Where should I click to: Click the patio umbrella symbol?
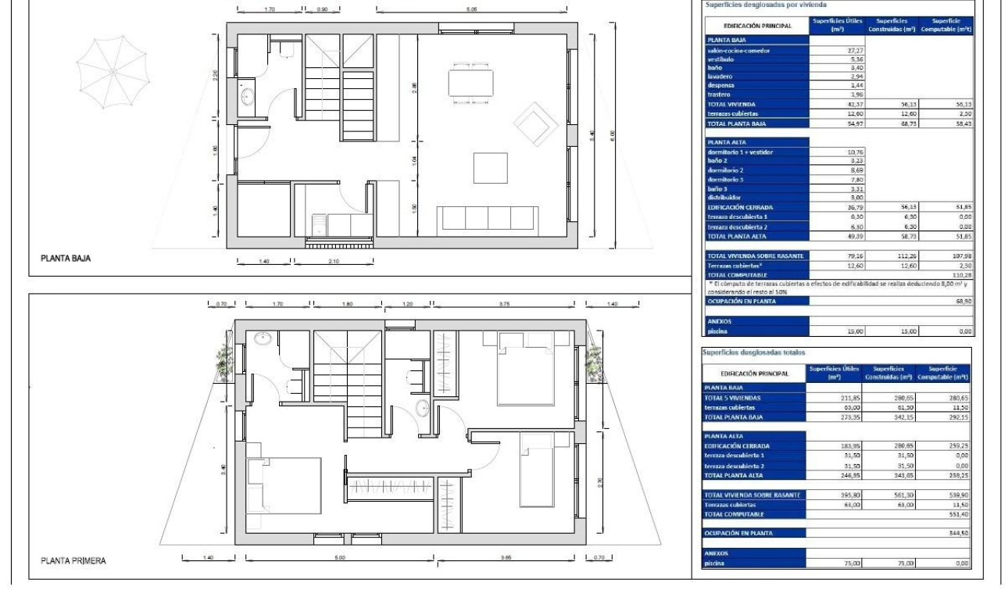112,71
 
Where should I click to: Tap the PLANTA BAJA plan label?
66,259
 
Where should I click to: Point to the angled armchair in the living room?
536,122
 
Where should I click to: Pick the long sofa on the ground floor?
488,218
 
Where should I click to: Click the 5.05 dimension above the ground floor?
471,9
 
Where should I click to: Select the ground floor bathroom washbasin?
247,97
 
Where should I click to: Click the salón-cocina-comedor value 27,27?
835,51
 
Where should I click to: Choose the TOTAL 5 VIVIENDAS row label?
733,398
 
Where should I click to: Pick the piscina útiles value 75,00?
835,563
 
